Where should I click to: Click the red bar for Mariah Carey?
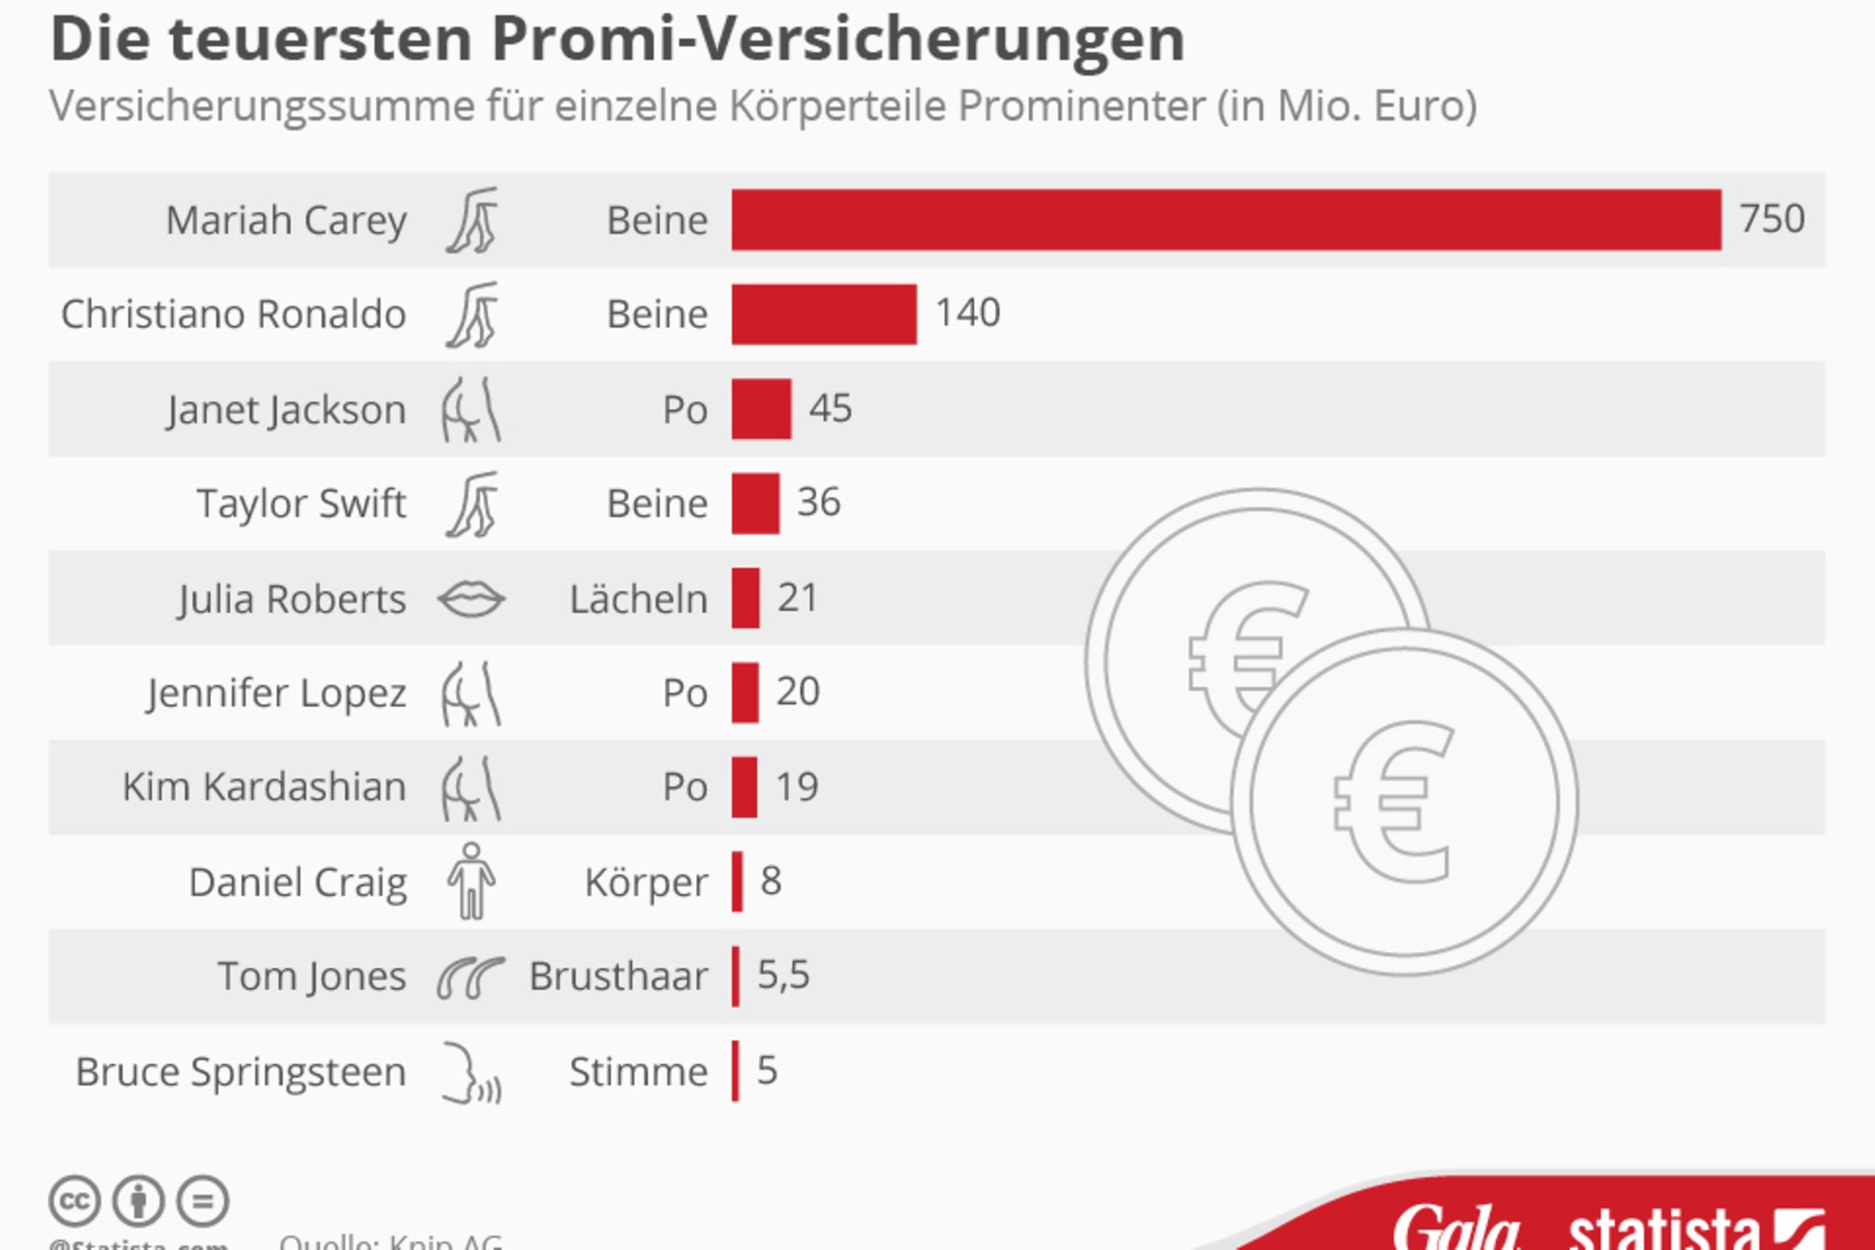coord(1226,220)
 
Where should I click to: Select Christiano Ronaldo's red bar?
coord(824,314)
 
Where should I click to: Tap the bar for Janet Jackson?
coord(761,409)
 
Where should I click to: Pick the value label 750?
coord(1772,219)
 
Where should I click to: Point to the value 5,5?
coord(783,975)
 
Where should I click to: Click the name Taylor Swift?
coord(301,504)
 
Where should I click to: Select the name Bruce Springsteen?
coord(241,1071)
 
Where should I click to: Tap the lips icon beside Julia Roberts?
coord(471,600)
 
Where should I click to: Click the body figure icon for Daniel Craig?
coord(471,881)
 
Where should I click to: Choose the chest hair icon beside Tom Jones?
coord(471,977)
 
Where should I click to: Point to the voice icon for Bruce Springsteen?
coord(471,1072)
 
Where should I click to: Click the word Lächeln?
coord(638,600)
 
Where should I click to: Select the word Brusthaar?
coord(618,977)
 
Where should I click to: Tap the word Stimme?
coord(638,1071)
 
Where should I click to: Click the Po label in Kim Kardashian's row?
coord(685,788)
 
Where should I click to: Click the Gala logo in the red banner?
coord(1456,1227)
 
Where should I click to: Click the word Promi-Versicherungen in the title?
coord(838,39)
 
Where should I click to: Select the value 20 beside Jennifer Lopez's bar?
coord(797,691)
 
